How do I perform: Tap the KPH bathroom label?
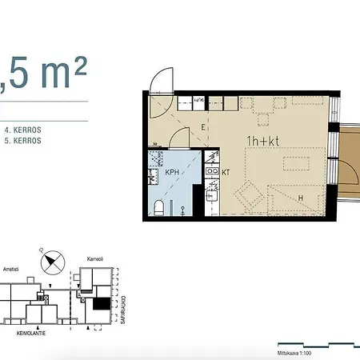[x=171, y=172]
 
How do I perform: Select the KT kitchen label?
[x=226, y=172]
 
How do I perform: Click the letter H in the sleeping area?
[x=301, y=198]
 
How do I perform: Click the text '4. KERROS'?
[x=22, y=128]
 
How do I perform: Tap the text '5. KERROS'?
[x=22, y=140]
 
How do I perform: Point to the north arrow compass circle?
[x=54, y=261]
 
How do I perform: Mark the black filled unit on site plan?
[x=101, y=303]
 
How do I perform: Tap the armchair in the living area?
[x=246, y=194]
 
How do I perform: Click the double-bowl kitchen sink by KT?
[x=213, y=170]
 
